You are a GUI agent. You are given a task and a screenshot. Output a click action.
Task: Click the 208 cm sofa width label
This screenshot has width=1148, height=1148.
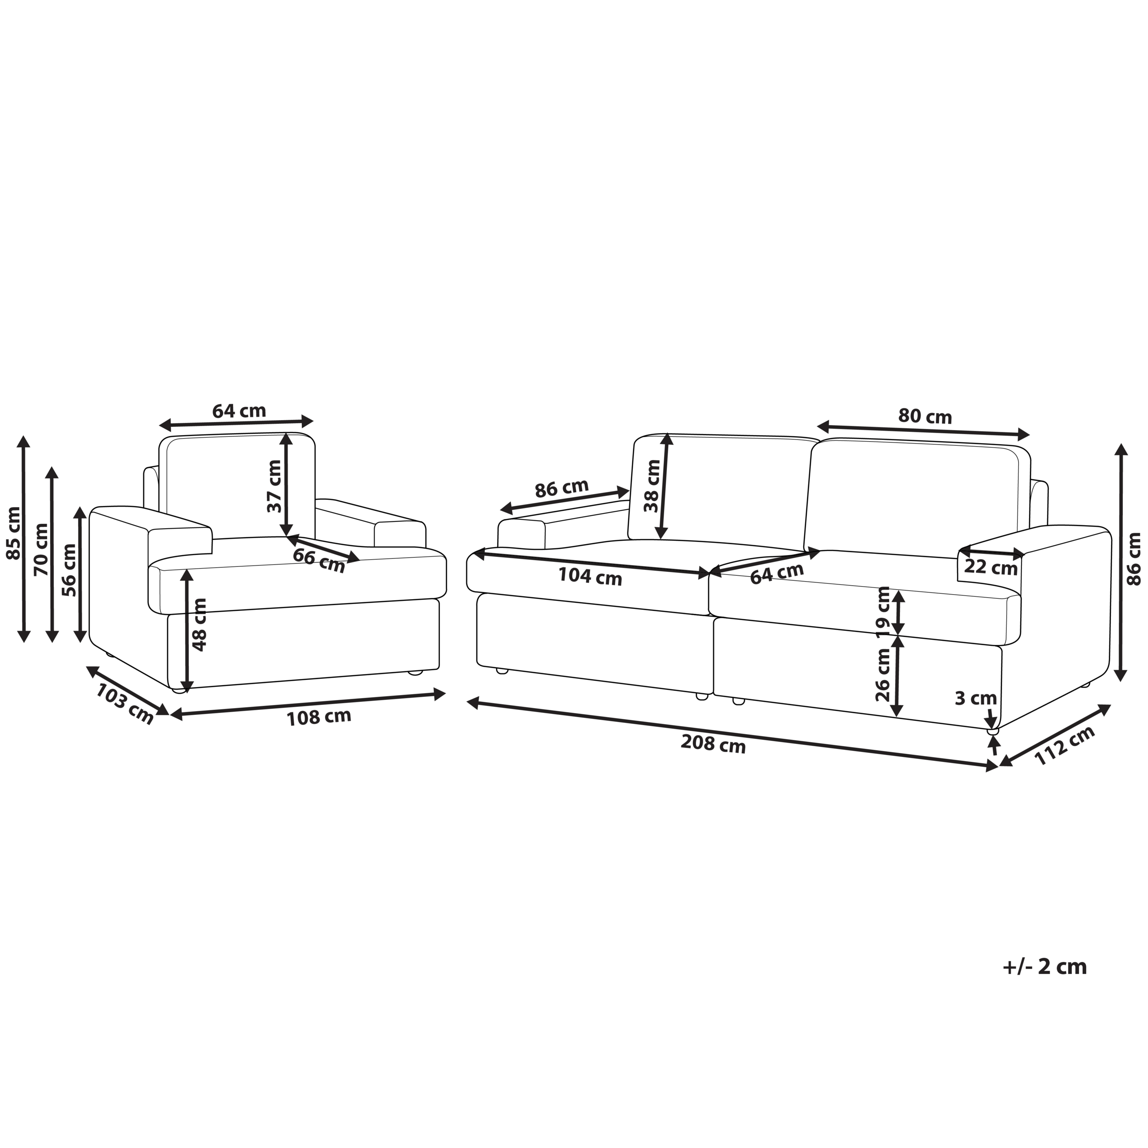713,744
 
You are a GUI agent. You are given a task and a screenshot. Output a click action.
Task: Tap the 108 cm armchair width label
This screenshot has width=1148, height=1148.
319,717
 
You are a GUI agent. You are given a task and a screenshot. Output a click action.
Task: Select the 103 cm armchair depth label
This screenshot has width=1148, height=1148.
125,704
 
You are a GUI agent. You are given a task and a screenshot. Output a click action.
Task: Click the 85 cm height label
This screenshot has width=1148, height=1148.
13,533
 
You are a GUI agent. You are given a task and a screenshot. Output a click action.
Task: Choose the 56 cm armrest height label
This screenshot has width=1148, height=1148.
70,570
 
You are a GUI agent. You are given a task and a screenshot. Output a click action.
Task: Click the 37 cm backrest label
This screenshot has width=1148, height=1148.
274,486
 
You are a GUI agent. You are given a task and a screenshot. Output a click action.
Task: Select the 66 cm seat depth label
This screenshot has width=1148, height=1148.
319,561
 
